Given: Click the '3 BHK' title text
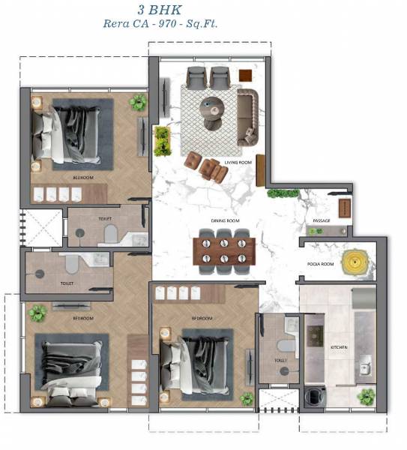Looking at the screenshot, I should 204,10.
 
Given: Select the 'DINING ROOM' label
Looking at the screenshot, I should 223,220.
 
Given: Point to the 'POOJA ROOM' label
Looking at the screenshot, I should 319,264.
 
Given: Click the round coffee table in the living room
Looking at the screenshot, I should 212,106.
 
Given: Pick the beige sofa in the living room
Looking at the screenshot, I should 247,117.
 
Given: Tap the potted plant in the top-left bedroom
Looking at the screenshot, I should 138,103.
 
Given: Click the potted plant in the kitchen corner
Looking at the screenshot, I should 366,395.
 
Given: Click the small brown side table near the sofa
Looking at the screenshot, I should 245,75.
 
